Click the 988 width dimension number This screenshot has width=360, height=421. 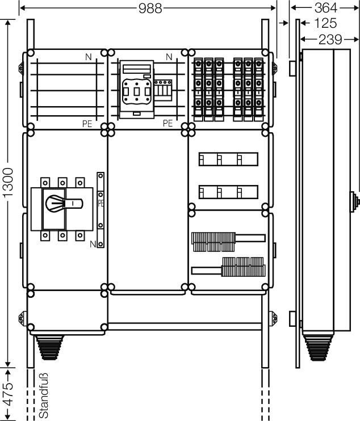[x=150, y=8]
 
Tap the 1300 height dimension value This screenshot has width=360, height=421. [x=8, y=183]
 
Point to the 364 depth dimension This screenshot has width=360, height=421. [x=325, y=7]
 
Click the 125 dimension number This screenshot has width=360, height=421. [x=325, y=23]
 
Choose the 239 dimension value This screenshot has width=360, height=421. [x=330, y=40]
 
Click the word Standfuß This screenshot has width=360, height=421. [x=44, y=395]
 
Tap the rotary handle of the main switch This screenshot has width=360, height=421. [x=64, y=203]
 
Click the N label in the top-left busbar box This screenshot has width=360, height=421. [x=88, y=57]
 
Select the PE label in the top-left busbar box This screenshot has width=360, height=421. [x=87, y=124]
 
